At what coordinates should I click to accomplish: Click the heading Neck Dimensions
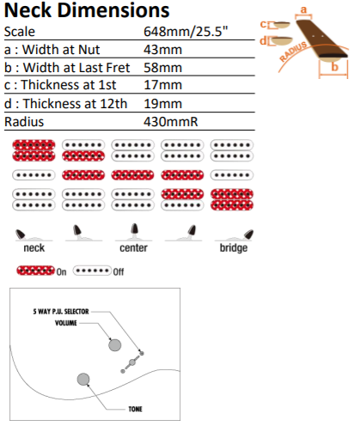click(x=87, y=10)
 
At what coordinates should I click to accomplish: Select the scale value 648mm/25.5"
click(x=186, y=32)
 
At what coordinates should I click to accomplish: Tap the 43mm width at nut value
click(x=162, y=50)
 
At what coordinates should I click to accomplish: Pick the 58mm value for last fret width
click(x=162, y=68)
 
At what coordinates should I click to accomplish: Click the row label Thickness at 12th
click(x=75, y=103)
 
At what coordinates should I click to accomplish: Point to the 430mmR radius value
click(x=171, y=122)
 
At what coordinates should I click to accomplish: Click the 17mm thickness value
click(x=162, y=85)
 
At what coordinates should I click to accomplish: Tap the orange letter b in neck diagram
click(x=334, y=67)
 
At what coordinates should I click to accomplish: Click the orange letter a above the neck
click(x=303, y=9)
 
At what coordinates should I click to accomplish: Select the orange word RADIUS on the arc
click(x=293, y=52)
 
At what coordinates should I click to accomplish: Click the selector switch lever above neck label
click(x=21, y=234)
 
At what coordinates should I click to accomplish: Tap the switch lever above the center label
click(x=134, y=229)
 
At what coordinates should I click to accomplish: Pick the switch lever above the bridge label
click(x=248, y=234)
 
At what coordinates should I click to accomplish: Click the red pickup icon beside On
click(x=35, y=271)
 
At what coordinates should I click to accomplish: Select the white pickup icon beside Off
click(x=92, y=271)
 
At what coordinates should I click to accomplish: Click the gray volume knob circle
click(x=114, y=345)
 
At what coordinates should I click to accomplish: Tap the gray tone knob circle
click(x=83, y=379)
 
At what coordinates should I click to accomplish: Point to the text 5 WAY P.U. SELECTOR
click(x=61, y=312)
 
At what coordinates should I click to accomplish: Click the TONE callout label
click(x=135, y=409)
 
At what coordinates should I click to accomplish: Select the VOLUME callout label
click(x=66, y=323)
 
